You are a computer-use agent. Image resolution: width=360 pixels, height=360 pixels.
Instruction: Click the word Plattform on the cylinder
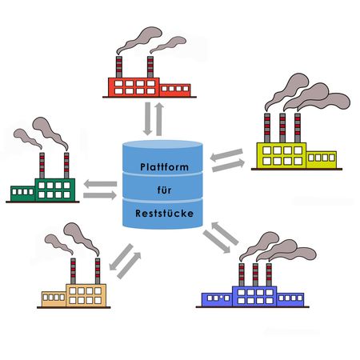164,167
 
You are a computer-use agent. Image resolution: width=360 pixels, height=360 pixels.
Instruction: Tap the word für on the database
164,190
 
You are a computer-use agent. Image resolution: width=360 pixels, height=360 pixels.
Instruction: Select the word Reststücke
164,214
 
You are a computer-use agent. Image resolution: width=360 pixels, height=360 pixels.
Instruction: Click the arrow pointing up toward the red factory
159,119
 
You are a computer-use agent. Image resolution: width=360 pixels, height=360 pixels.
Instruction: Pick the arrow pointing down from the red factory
147,118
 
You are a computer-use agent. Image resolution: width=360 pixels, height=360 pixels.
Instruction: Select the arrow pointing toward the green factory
100,184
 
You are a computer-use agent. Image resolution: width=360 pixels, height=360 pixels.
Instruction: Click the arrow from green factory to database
100,195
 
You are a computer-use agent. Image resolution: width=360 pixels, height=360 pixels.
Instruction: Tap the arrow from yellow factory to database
226,155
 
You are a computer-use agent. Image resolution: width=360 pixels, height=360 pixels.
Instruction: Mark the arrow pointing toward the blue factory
217,242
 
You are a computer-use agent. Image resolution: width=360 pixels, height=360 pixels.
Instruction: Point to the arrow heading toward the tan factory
121,257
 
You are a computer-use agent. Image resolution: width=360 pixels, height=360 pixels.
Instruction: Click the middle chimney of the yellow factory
282,128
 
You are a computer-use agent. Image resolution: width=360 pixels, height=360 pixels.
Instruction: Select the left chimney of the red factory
119,67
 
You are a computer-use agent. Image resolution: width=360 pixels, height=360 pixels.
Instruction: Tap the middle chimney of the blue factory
255,275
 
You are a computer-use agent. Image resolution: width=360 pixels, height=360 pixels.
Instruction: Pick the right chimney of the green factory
66,166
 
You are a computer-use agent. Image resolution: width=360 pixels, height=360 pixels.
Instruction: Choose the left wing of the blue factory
217,300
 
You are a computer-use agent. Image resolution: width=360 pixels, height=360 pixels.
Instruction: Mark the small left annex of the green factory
23,194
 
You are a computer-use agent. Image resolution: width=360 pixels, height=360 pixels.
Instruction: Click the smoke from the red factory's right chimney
168,45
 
